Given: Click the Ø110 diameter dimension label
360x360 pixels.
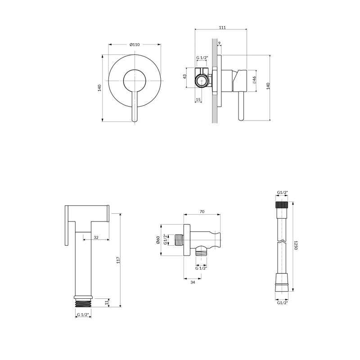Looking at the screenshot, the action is point(135,45).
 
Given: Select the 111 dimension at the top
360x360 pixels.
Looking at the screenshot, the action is point(222,27).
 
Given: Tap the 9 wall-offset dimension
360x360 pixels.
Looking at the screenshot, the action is point(219,43).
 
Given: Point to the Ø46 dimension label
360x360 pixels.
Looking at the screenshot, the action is point(254,80).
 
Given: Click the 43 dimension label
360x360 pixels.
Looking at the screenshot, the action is point(185,76).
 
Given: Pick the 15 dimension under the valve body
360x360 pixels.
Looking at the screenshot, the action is point(198,99).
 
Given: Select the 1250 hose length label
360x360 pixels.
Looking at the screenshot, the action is point(296,245).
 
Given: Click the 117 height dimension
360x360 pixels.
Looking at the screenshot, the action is point(118,260).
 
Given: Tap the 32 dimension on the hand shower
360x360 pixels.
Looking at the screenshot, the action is point(96,238).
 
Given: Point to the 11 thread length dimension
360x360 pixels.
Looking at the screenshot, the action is point(107,303).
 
